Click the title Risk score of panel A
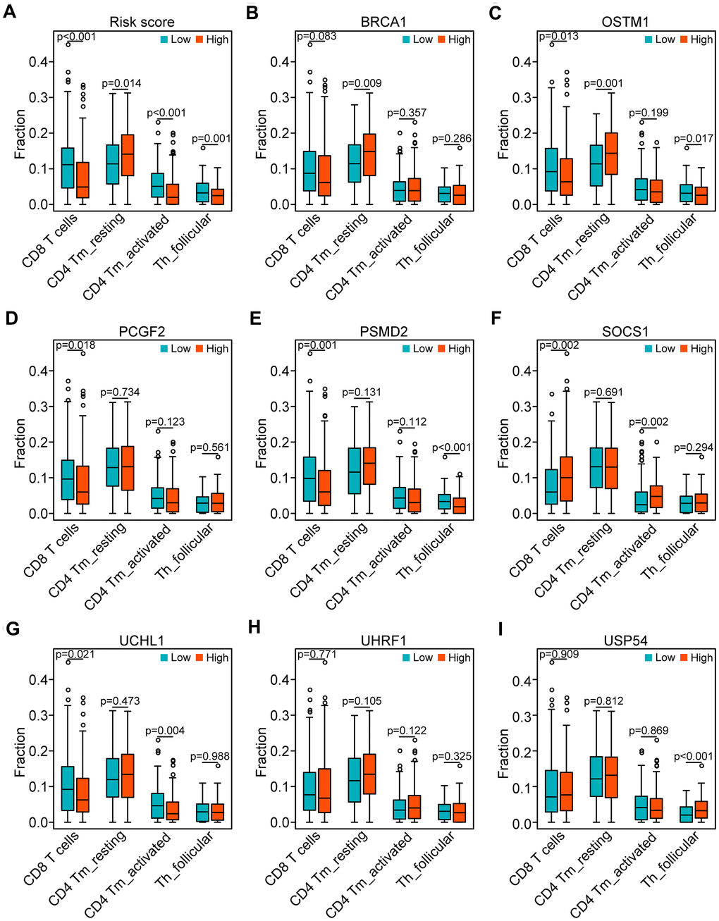click(142, 22)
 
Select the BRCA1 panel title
click(383, 22)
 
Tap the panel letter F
click(496, 319)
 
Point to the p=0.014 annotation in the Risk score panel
click(121, 83)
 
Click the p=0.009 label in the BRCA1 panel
click(362, 83)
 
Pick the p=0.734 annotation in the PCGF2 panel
click(121, 392)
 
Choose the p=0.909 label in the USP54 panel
click(560, 654)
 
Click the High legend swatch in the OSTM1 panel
click(684, 39)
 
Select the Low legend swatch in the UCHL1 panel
click(164, 657)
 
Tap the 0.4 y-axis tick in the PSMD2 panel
click(280, 371)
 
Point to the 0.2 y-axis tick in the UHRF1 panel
click(280, 751)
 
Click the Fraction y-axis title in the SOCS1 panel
click(503, 443)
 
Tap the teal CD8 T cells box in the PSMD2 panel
click(309, 478)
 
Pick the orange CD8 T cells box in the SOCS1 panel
click(566, 478)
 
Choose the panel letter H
click(254, 627)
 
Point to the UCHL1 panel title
click(142, 641)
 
